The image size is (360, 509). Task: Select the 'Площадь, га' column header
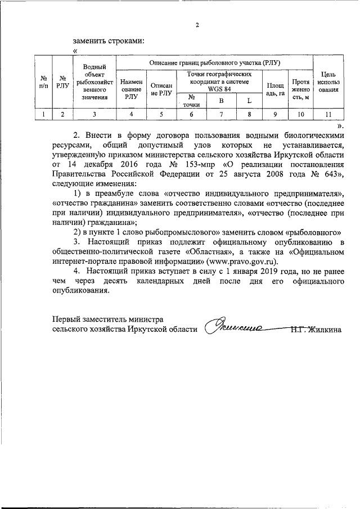pos(275,88)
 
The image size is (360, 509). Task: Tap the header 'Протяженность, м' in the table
pos(301,88)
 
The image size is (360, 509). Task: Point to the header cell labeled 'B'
pos(221,101)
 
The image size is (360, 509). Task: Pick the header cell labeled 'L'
pos(249,101)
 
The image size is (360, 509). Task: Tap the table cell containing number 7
pos(221,115)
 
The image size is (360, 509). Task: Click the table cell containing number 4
pos(131,115)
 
